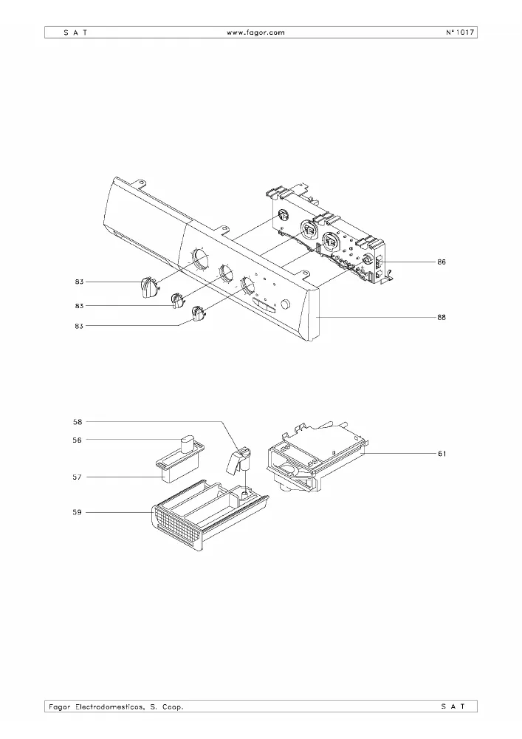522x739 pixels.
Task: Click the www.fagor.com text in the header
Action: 255,33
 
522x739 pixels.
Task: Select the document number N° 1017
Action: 459,33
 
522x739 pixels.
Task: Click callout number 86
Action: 442,262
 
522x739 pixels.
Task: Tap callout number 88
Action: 442,317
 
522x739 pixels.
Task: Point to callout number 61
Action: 442,454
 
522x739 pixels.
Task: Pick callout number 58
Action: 78,422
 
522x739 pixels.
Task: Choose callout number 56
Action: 78,440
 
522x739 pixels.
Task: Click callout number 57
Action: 78,477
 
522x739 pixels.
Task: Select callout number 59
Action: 78,512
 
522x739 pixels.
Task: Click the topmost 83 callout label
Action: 79,282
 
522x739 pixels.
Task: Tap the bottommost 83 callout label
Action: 79,326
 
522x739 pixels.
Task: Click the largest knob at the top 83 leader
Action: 149,287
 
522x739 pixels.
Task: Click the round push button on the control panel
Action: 285,304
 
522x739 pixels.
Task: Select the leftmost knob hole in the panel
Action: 199,259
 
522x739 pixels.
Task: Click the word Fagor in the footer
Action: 60,707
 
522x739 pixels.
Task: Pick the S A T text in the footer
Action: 453,706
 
